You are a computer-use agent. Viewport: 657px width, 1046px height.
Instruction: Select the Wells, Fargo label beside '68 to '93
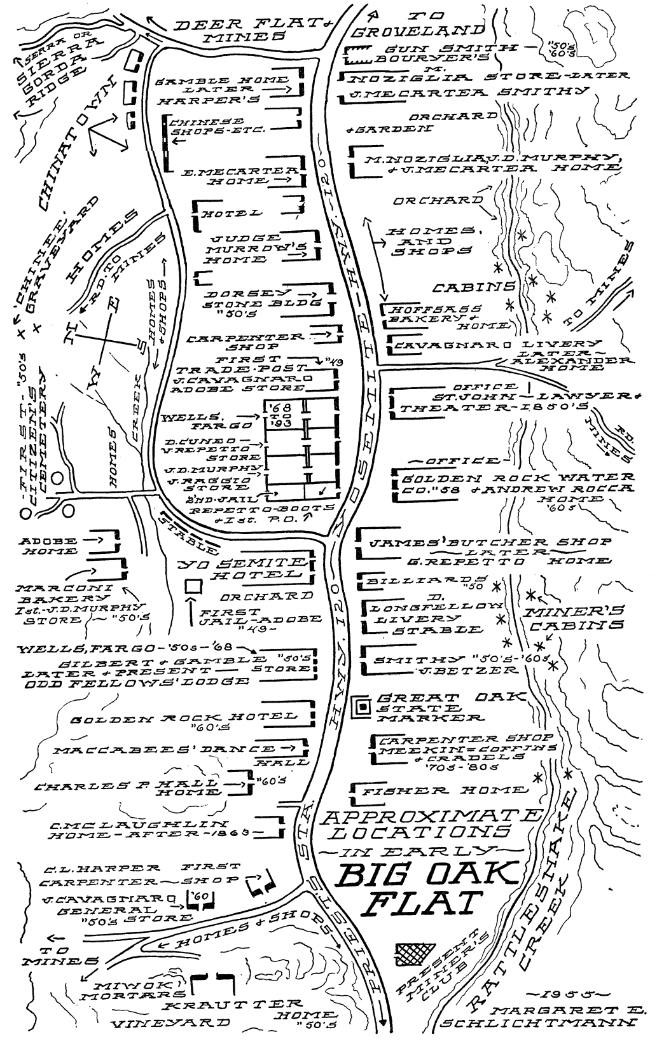183,425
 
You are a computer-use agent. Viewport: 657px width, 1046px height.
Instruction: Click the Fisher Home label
444,790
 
